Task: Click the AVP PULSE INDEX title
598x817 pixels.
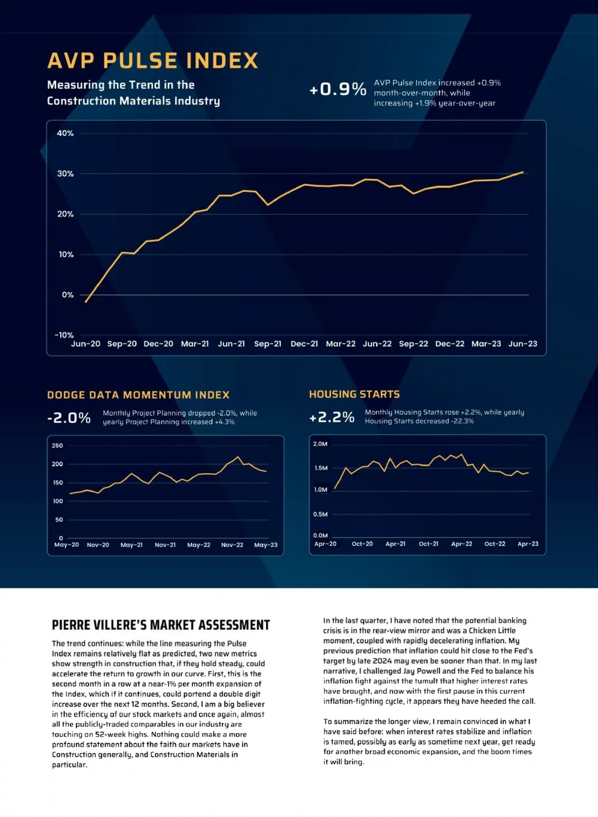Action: tap(152, 61)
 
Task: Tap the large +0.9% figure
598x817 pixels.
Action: tap(338, 89)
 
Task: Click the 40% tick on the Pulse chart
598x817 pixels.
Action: tap(65, 133)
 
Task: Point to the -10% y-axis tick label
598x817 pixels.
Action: tap(64, 335)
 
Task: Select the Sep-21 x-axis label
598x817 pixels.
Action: tap(268, 344)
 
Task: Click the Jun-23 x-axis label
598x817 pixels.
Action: tap(523, 344)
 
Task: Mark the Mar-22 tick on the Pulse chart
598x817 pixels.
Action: tap(341, 344)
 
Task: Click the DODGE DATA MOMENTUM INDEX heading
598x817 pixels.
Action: tap(138, 395)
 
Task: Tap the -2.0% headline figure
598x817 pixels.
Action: tap(69, 417)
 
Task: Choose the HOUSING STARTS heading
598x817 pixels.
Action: tap(354, 394)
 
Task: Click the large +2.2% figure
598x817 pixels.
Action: tap(332, 417)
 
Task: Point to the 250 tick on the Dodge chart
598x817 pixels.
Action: tap(57, 445)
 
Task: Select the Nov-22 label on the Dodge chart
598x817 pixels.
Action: tap(232, 545)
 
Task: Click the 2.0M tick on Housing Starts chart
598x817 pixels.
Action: tap(320, 444)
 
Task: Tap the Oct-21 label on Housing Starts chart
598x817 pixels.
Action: tap(429, 544)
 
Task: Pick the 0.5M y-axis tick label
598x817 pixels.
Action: tap(320, 514)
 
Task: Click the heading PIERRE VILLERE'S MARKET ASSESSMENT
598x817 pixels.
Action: tap(160, 625)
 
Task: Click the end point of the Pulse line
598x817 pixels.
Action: tap(523, 172)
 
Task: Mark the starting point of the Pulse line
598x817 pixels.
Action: tap(86, 302)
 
